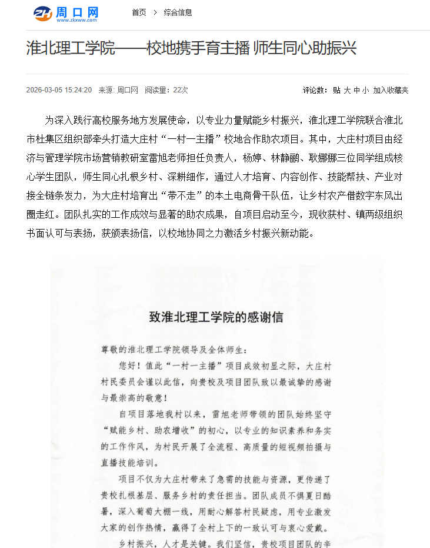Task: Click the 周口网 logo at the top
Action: [x=66, y=13]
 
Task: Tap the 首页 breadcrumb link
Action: [x=139, y=12]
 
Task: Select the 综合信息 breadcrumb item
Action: [x=178, y=12]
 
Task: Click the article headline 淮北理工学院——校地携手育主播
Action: [x=191, y=48]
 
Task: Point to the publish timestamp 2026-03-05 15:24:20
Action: [x=59, y=90]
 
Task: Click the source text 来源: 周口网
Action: [x=118, y=90]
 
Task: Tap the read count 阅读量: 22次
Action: [x=166, y=90]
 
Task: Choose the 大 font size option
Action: [x=347, y=90]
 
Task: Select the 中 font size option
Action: [x=356, y=90]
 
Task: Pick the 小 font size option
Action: [x=365, y=90]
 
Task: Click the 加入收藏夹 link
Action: [x=391, y=90]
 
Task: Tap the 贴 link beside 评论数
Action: [x=336, y=90]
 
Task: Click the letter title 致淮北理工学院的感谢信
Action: [x=216, y=317]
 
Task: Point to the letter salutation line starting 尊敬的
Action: [x=171, y=350]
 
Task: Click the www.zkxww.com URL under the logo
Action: [x=76, y=20]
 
